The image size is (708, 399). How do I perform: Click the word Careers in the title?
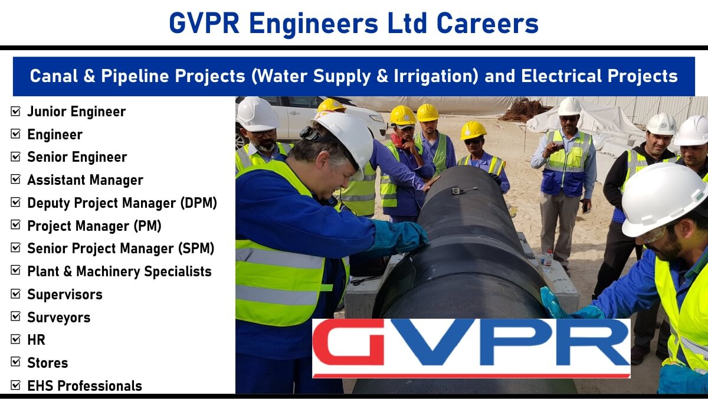click(487, 23)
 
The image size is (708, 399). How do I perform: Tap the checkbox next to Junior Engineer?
click(15, 112)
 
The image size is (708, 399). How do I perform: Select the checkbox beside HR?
click(15, 339)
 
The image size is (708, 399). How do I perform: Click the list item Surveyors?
click(59, 318)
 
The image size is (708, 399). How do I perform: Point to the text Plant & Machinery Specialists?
click(119, 272)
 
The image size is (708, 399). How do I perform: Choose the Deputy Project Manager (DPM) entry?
click(122, 203)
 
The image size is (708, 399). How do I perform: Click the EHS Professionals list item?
click(85, 386)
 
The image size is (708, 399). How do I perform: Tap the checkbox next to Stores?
click(15, 362)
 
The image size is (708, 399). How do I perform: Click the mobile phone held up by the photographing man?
click(559, 147)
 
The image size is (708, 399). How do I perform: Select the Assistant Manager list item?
click(86, 180)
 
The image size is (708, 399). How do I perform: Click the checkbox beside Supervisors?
click(15, 293)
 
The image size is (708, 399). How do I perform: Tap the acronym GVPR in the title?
click(204, 23)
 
